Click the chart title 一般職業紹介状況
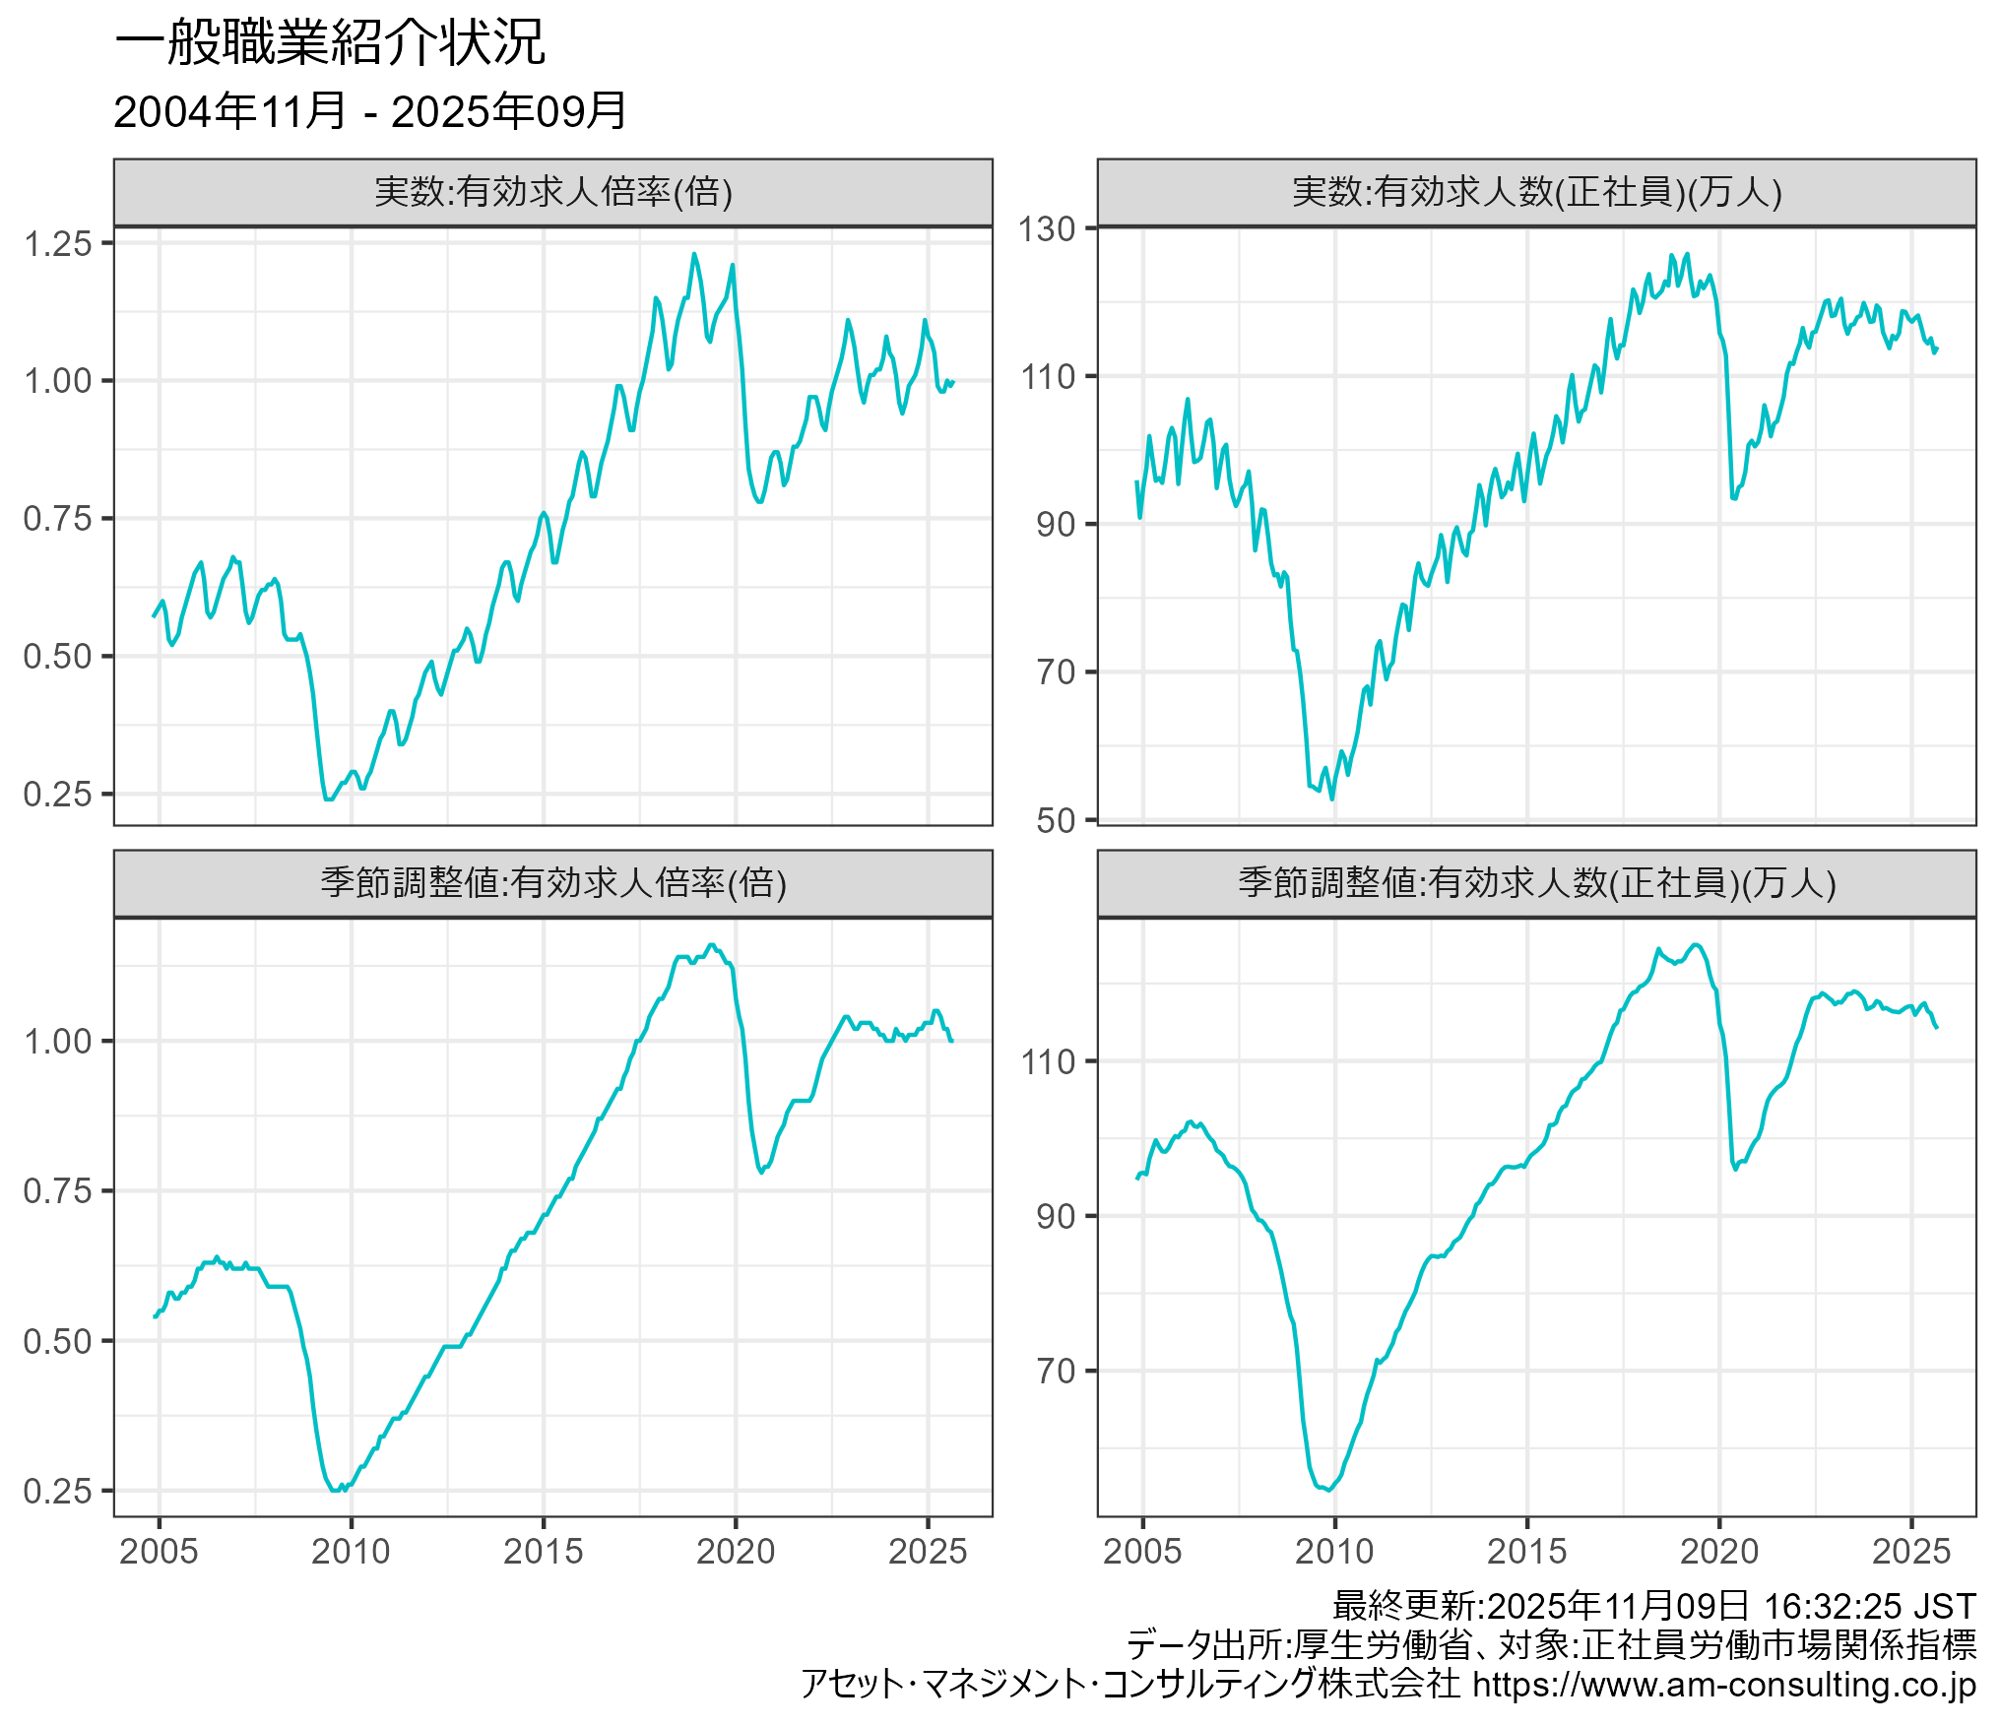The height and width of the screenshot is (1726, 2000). (330, 44)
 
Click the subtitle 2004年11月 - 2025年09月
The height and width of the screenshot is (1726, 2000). (369, 111)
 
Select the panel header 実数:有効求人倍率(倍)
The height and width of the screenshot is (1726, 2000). (552, 192)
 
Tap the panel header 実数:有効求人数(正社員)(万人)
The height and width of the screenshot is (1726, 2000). (1536, 192)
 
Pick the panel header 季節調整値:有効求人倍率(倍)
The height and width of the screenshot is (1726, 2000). (552, 883)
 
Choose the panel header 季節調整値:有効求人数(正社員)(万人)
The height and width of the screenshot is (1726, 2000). (1536, 883)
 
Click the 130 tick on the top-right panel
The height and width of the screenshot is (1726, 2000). (1046, 229)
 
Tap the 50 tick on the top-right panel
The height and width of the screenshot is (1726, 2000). (1055, 820)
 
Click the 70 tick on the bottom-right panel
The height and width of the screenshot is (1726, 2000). (1055, 1371)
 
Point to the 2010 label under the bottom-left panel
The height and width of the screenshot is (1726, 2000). (351, 1552)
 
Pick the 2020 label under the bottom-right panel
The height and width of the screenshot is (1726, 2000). (1718, 1552)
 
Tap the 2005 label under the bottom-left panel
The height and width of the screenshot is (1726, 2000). (159, 1552)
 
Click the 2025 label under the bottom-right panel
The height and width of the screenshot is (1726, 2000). (1910, 1552)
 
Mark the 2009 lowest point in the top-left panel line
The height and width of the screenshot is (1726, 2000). (329, 799)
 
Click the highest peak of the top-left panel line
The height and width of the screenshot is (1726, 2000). (694, 254)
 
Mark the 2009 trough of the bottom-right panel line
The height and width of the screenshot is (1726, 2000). (1329, 1490)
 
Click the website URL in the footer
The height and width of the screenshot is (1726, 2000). (1723, 1685)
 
